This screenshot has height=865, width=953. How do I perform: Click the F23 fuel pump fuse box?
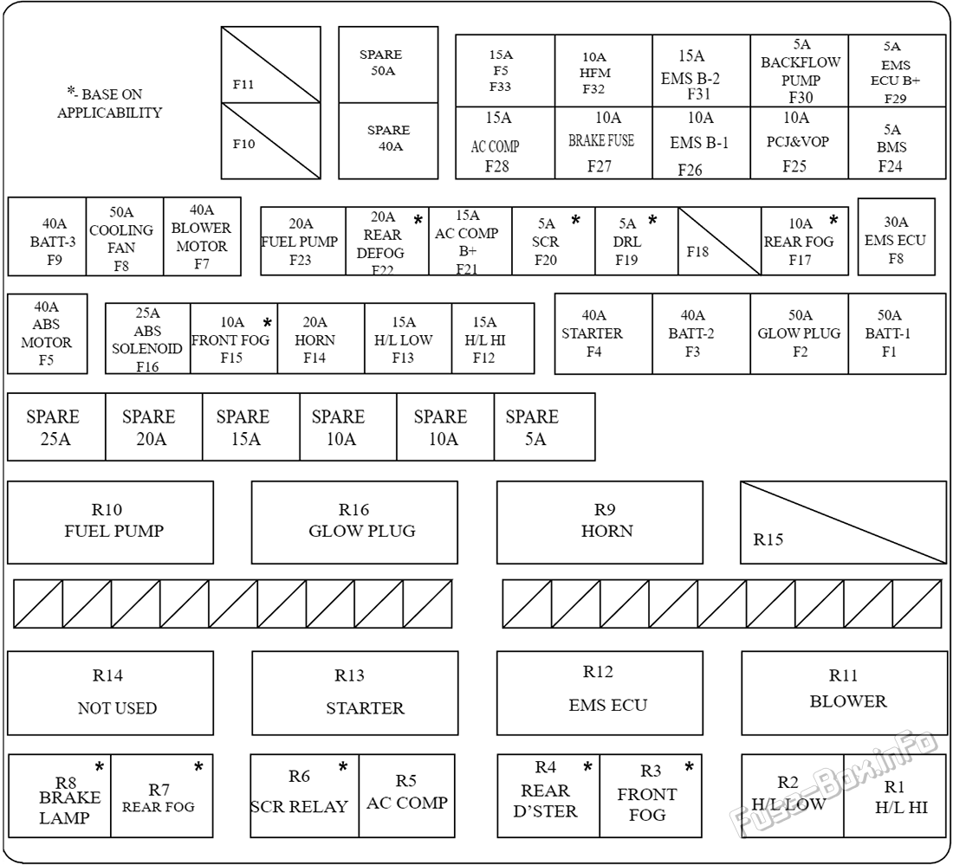303,242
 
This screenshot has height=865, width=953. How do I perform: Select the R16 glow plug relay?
354,522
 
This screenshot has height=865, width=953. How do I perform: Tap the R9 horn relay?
600,522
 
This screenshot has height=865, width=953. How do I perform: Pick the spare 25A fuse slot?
56,426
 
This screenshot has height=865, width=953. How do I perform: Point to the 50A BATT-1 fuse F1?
897,333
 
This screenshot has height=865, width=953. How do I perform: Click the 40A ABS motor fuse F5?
48,333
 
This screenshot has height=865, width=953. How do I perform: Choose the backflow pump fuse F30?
800,71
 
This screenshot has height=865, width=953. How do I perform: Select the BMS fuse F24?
897,144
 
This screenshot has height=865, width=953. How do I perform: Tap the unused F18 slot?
720,242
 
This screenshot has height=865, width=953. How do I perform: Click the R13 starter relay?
355,693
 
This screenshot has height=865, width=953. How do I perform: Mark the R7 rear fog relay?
162,796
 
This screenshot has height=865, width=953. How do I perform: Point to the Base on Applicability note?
109,103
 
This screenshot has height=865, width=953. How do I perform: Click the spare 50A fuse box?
388,64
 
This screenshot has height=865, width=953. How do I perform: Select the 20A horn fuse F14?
321,339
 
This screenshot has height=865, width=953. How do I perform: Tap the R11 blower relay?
844,693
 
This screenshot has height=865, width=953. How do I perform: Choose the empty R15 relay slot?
843,522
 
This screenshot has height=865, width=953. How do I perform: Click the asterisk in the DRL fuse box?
652,220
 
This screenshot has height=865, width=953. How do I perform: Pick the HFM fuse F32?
604,71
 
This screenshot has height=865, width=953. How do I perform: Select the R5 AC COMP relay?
406,796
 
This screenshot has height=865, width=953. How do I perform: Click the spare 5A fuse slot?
545,426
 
